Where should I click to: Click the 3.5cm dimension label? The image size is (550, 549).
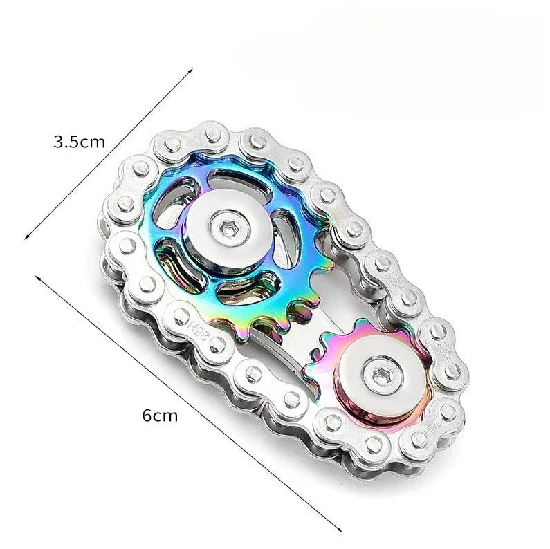(80, 143)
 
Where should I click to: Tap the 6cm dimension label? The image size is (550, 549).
(160, 416)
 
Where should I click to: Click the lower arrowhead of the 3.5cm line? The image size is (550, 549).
(26, 237)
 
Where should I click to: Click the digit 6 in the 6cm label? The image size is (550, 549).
(147, 416)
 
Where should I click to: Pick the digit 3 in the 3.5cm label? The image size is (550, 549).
(59, 143)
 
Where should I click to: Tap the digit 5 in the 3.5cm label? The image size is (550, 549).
(74, 143)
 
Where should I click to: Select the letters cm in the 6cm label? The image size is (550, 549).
(166, 417)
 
